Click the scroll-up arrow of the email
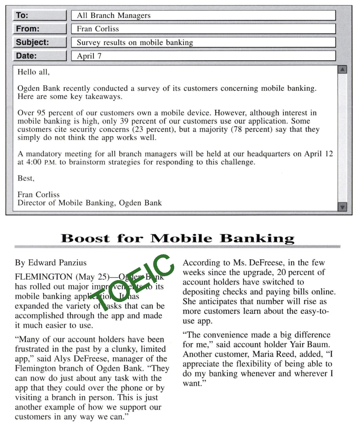pos(342,70)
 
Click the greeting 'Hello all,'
pos(34,72)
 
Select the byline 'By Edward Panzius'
pos(51,263)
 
